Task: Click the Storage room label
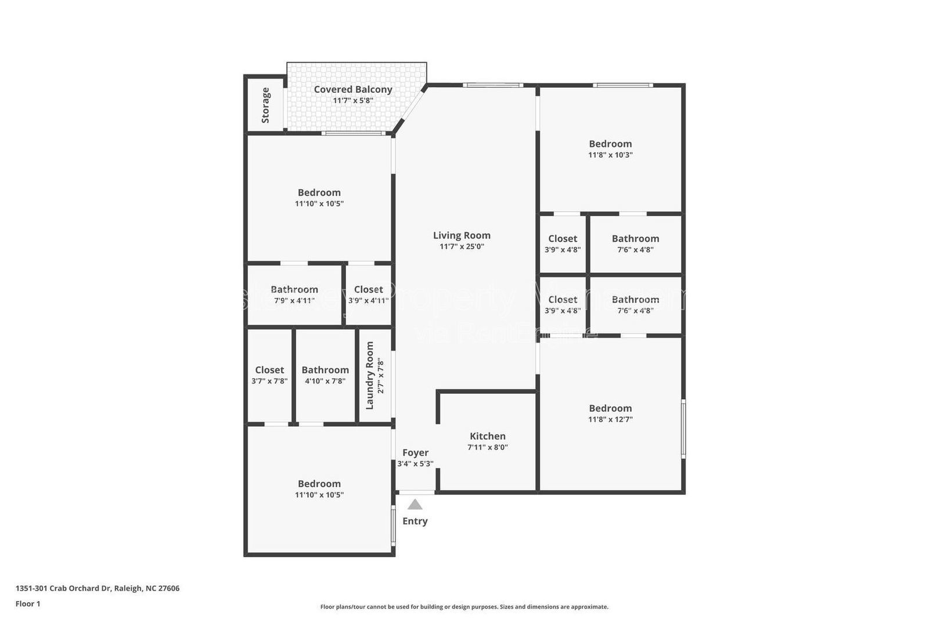[x=265, y=105]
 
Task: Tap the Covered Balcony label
[x=353, y=89]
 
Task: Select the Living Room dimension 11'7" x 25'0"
[x=462, y=246]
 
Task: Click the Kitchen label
[x=487, y=436]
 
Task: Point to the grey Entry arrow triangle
[x=415, y=504]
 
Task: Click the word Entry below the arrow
[x=415, y=521]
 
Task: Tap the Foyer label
[x=415, y=452]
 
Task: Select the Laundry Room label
[x=370, y=375]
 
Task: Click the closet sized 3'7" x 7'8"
[x=269, y=375]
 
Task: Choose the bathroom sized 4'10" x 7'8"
[x=325, y=375]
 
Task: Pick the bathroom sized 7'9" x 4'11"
[x=294, y=294]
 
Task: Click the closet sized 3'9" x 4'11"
[x=368, y=294]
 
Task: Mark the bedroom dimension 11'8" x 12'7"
[x=610, y=419]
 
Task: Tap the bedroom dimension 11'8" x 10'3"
[x=610, y=155]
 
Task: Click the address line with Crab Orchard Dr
[x=98, y=588]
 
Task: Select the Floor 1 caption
[x=28, y=604]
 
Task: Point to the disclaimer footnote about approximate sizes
[x=464, y=607]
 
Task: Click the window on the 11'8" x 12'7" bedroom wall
[x=683, y=428]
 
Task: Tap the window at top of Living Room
[x=492, y=86]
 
